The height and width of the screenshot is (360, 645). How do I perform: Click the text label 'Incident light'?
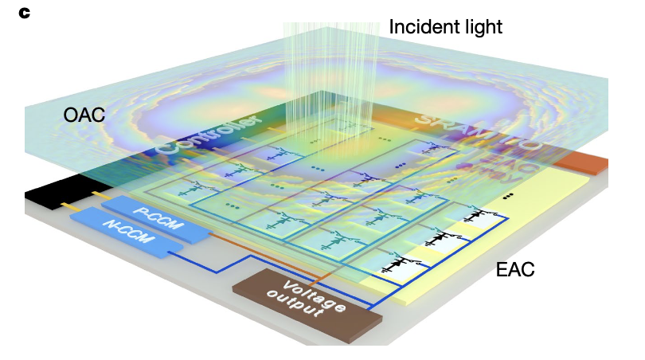pos(445,27)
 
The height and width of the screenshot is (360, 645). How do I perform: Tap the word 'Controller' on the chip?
pos(209,136)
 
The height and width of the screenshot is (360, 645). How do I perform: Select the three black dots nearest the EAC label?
pos(508,194)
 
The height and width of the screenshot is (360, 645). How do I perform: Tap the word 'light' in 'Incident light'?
pos(480,27)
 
